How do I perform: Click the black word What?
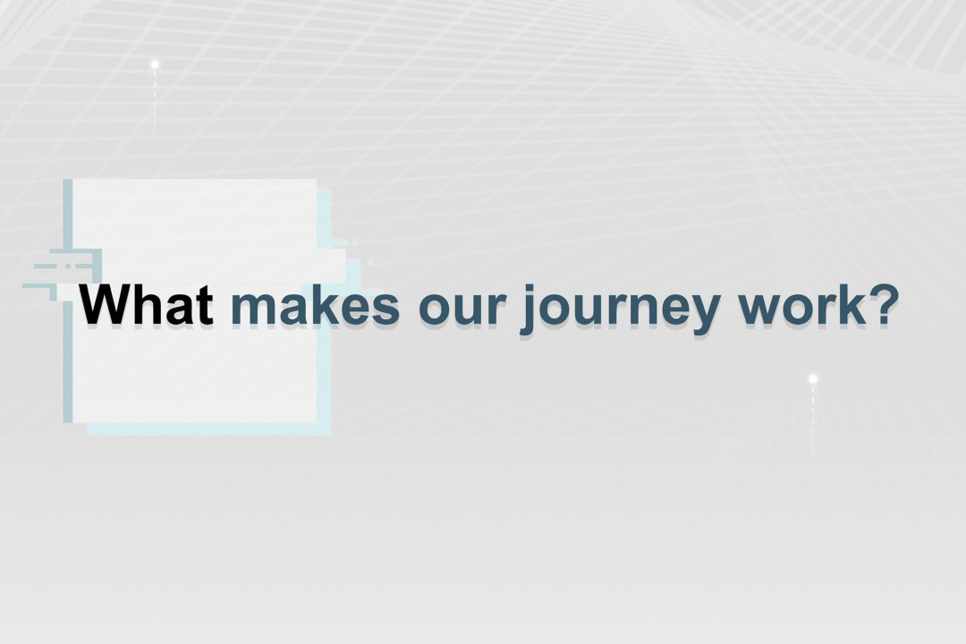tap(147, 306)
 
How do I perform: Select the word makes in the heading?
tap(315, 306)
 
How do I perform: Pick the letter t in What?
tap(204, 306)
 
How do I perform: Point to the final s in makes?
tap(386, 309)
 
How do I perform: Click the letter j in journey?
tap(527, 309)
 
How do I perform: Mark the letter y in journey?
tap(705, 313)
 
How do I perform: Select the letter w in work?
tap(757, 309)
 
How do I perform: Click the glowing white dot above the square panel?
tap(155, 64)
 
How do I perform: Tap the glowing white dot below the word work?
tap(812, 379)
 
